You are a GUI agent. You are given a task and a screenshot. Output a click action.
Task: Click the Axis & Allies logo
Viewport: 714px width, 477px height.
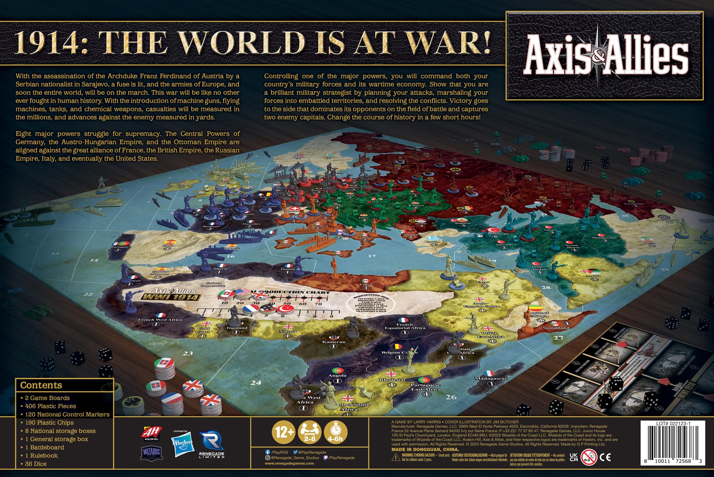[605, 55]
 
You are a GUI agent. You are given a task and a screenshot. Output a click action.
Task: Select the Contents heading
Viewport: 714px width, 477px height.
[41, 385]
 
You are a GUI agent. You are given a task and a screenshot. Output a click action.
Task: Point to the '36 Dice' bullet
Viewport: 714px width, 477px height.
[36, 464]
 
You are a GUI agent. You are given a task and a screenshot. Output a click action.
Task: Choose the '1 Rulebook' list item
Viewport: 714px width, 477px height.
[41, 456]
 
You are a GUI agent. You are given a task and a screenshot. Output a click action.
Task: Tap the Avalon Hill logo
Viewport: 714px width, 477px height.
[152, 432]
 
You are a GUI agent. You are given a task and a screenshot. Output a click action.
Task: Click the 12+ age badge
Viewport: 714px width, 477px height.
[284, 432]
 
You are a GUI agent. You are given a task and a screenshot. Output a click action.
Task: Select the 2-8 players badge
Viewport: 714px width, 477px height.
[310, 432]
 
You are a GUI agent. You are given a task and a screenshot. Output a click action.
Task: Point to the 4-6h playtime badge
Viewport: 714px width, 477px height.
[335, 432]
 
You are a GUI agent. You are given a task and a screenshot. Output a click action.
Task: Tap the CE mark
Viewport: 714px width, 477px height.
[605, 457]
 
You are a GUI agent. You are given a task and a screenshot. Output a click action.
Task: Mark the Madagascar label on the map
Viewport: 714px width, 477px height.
[491, 378]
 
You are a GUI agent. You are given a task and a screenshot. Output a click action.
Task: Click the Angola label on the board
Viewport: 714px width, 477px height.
[337, 375]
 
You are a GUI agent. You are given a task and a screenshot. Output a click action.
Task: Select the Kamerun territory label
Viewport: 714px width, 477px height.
[334, 342]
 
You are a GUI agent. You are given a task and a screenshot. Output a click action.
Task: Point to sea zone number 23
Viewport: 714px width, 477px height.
[188, 353]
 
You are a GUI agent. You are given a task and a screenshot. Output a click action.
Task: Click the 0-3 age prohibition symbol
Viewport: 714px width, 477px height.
[588, 457]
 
